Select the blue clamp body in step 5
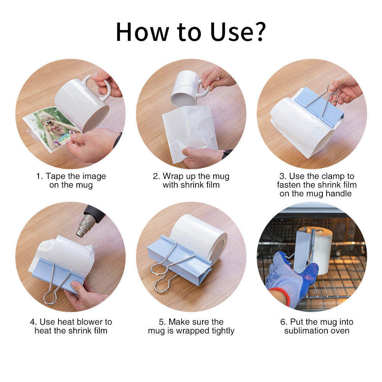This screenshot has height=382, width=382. (180, 260)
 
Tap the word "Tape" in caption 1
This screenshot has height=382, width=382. (55, 176)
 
